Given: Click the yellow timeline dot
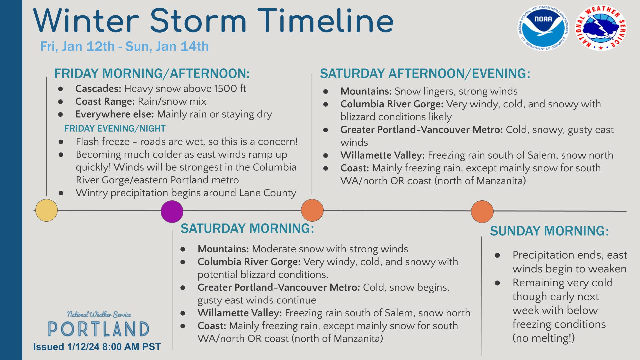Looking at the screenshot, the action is pos(46,210).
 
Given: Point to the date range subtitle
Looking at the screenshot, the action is pos(124,46).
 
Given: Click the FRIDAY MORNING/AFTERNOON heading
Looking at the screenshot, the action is pos(152,73).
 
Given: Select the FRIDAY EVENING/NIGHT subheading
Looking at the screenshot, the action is pos(115,128).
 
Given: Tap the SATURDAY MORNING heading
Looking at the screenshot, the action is pos(247,229).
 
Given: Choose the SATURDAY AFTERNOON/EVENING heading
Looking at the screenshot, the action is pos(425,73).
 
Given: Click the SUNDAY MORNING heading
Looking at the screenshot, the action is pos(549,231).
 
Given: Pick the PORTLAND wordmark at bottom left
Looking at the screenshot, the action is pos(99,329).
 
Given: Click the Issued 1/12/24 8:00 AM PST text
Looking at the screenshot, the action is pos(97,347).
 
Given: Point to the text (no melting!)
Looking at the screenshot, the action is pos(544,338).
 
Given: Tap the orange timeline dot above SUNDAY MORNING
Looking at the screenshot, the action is pos(482,211).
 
